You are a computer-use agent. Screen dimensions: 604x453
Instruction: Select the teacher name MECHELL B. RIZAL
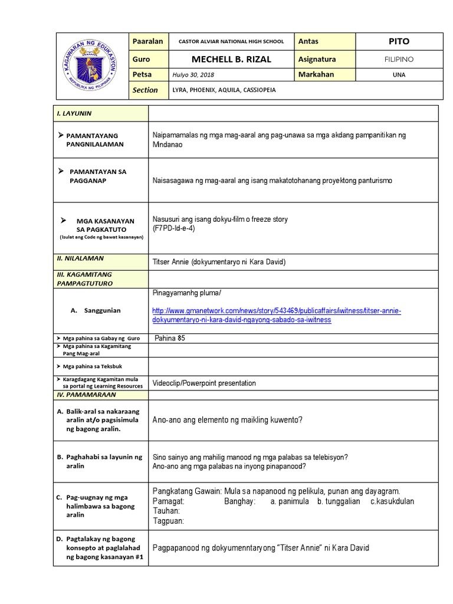pyautogui.click(x=229, y=59)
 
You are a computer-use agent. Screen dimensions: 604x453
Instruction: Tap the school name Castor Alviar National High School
pyautogui.click(x=226, y=42)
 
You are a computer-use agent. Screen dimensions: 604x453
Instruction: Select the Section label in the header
pyautogui.click(x=146, y=90)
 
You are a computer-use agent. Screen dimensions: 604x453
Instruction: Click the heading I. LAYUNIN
pyautogui.click(x=74, y=113)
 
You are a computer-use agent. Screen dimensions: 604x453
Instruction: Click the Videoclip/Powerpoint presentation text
pyautogui.click(x=204, y=383)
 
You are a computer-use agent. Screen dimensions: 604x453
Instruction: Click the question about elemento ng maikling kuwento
pyautogui.click(x=228, y=420)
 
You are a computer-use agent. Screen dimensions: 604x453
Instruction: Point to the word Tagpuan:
pyautogui.click(x=169, y=521)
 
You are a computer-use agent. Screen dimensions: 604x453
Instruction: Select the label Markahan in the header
pyautogui.click(x=316, y=75)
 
